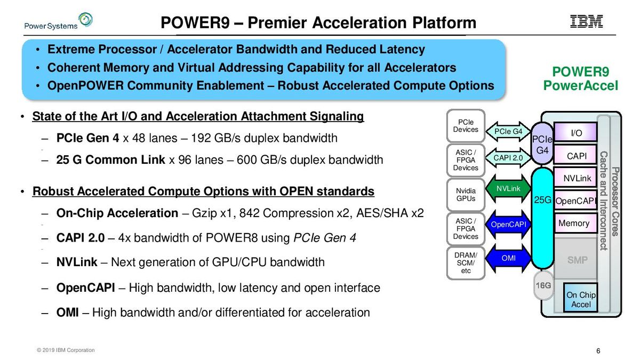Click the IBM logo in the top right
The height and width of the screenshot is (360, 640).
(x=587, y=21)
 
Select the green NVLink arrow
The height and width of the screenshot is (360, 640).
(x=508, y=189)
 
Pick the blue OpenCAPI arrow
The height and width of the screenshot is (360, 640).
(x=508, y=225)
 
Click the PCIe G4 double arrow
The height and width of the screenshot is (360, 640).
(x=508, y=131)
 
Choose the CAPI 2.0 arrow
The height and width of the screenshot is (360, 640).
(x=508, y=157)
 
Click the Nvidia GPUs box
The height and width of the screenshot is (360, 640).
(x=466, y=195)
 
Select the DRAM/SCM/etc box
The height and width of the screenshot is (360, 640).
(x=466, y=263)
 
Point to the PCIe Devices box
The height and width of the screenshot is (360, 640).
(x=466, y=126)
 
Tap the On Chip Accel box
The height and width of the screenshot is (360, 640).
(x=581, y=299)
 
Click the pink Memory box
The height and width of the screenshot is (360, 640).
(x=574, y=223)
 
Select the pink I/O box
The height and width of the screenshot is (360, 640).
(x=576, y=133)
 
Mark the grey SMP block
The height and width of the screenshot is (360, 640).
(x=577, y=260)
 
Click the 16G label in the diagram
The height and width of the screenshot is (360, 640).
(x=542, y=286)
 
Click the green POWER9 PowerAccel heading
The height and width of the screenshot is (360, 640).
(x=580, y=79)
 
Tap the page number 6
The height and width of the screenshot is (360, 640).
(x=598, y=350)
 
